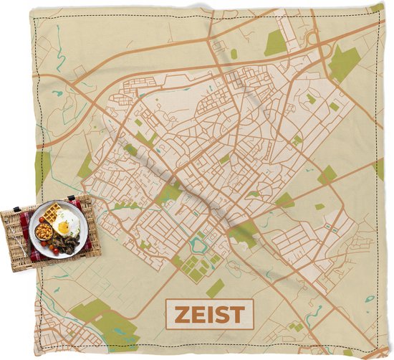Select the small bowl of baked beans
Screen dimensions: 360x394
pyautogui.click(x=44, y=232)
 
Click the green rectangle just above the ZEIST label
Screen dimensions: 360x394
pyautogui.click(x=215, y=288)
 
